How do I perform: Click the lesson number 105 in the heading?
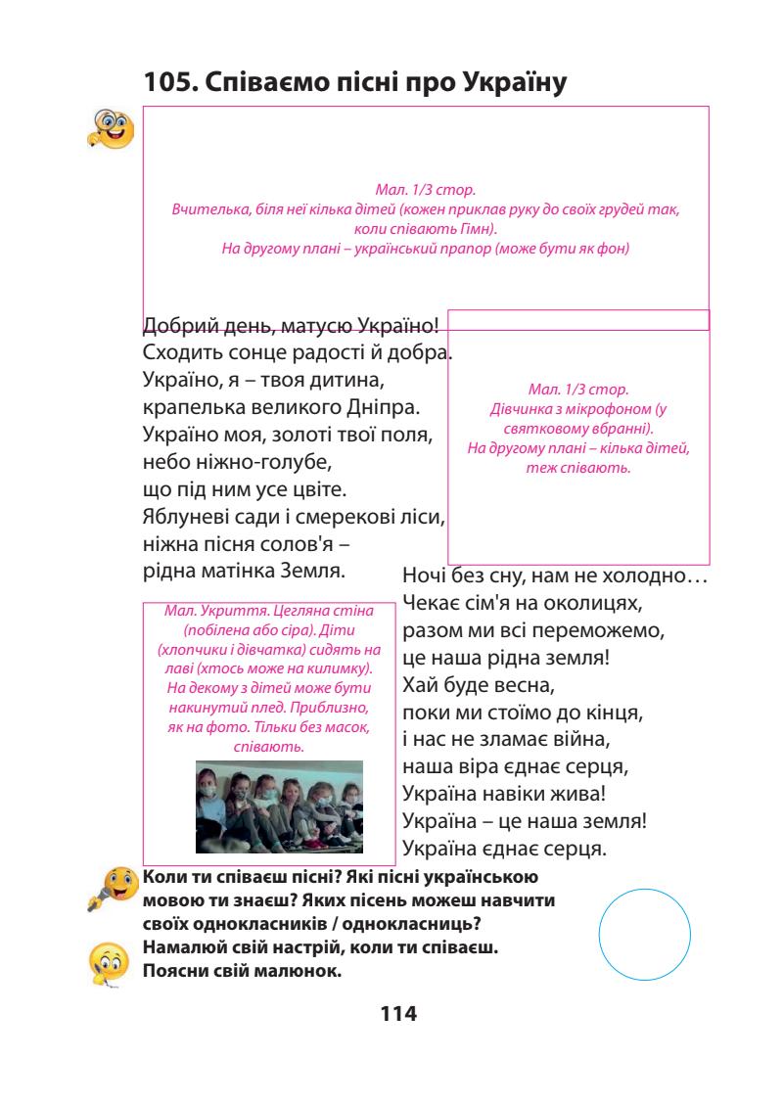(167, 85)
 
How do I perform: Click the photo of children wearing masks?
(279, 806)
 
